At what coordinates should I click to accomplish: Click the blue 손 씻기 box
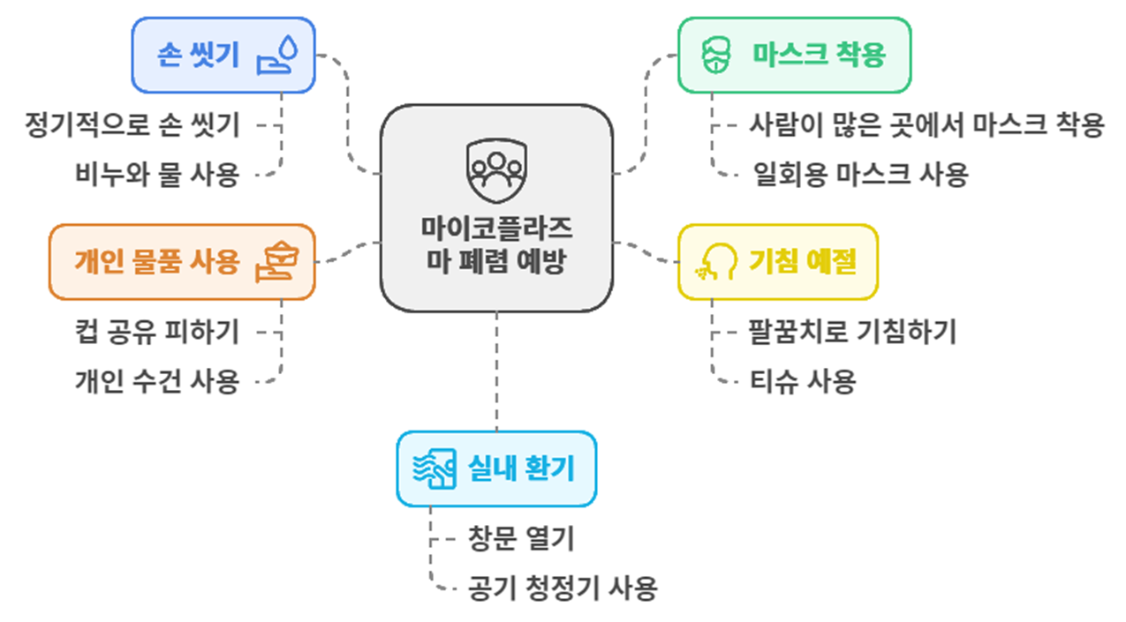pos(223,55)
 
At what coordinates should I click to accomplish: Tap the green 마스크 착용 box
pos(793,55)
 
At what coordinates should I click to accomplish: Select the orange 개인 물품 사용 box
pos(181,262)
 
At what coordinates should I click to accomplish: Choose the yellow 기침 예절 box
pos(777,262)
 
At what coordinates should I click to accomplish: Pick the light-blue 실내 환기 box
pos(495,468)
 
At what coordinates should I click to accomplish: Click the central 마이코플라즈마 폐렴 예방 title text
pos(496,244)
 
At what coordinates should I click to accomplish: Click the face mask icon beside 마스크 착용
pos(716,56)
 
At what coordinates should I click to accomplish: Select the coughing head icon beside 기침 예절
pos(716,262)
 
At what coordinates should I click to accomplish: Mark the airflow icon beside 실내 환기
pos(435,468)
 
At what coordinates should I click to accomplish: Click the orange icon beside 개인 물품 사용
pos(277,262)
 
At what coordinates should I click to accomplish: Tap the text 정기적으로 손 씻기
pos(132,125)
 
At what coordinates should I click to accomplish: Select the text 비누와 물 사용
pos(157,175)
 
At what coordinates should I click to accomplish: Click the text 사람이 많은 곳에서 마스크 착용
pos(926,125)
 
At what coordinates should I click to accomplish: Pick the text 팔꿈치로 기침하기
pos(852,332)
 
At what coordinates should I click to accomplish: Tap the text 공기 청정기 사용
pos(563,587)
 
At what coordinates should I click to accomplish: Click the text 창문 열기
pos(521,538)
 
